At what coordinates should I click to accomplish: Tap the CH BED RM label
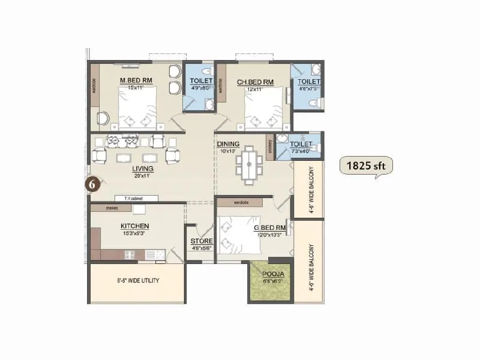click(255, 82)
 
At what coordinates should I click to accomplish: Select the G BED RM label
click(269, 227)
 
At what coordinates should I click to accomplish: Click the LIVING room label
click(143, 169)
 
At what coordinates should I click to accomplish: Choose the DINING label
click(229, 144)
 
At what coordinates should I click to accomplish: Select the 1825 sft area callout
click(365, 166)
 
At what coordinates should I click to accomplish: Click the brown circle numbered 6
click(92, 184)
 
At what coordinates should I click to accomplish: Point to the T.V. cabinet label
click(136, 198)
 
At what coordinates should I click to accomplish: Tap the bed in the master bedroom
click(137, 109)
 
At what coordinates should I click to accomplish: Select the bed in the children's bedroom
click(263, 109)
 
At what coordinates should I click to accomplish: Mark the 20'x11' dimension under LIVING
click(143, 176)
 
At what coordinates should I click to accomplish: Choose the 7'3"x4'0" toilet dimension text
click(301, 151)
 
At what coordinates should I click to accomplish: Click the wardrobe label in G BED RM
click(242, 202)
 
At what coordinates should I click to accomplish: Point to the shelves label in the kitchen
click(111, 208)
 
